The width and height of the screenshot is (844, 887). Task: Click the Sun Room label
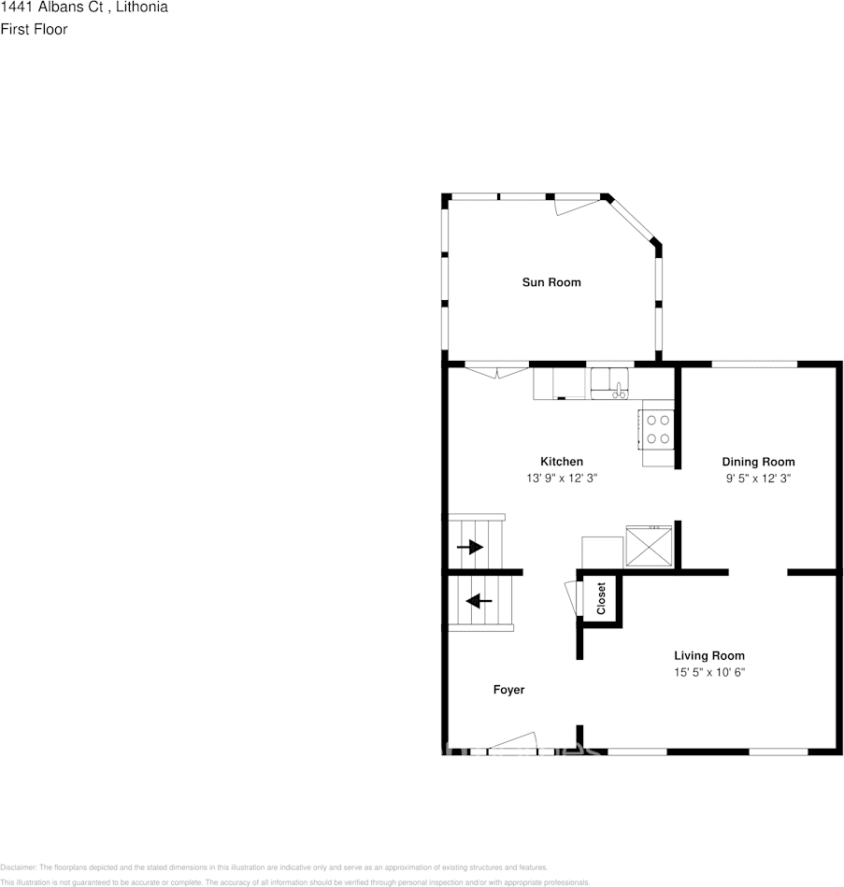click(551, 282)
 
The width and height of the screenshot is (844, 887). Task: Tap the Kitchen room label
click(561, 462)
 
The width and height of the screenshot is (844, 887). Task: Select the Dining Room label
click(758, 462)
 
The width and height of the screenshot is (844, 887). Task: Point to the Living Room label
click(709, 656)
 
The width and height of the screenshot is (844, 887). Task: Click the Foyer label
click(508, 690)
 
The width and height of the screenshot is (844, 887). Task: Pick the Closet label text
click(601, 598)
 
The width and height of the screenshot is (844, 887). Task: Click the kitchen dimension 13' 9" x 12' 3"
click(561, 478)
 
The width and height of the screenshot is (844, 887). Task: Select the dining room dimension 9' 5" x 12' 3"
click(758, 478)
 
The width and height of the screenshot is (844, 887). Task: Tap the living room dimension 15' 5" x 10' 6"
click(709, 672)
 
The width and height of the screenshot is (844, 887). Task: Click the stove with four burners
click(657, 428)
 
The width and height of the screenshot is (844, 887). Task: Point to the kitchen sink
click(610, 383)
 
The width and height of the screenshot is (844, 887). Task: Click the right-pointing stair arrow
click(470, 547)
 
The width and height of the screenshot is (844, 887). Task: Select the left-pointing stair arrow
click(479, 600)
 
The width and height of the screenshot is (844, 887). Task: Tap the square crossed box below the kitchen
click(649, 546)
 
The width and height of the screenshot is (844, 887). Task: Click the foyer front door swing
click(512, 742)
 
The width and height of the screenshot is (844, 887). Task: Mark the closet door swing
click(571, 599)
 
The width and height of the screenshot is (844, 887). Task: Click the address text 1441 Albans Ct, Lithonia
click(84, 7)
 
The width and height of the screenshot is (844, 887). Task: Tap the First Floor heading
click(34, 29)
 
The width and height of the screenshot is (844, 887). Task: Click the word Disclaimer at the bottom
click(18, 867)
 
